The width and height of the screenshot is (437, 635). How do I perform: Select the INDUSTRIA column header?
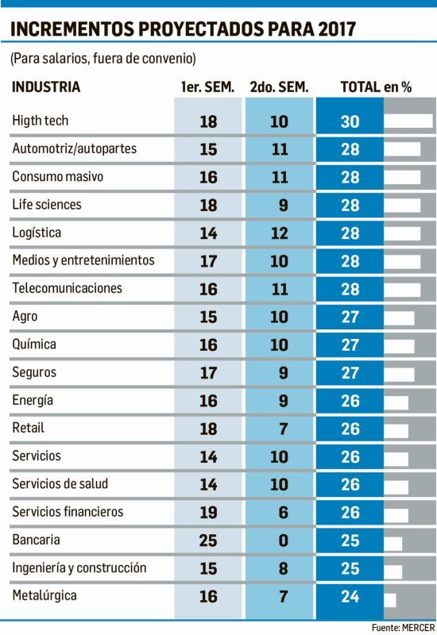[45, 87]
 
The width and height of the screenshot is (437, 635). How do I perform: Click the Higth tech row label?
[41, 121]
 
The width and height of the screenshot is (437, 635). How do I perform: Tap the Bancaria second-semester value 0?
[280, 541]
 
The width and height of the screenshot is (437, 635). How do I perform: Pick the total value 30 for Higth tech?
[350, 121]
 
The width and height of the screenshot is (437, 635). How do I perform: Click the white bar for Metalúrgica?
[390, 598]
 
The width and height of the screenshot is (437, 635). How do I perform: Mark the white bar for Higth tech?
[408, 121]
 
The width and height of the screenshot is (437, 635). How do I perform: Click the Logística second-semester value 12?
[280, 233]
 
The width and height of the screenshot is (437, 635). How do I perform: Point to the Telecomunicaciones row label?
[68, 288]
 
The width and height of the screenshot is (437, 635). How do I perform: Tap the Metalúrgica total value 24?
[350, 598]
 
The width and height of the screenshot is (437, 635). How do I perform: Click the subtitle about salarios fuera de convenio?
[103, 59]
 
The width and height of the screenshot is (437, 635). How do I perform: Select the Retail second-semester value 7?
[280, 429]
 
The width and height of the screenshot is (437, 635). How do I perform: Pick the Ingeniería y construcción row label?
[79, 568]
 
